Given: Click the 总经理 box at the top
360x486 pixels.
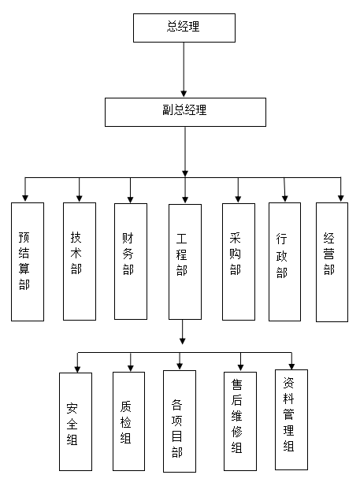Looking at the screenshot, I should (x=184, y=28).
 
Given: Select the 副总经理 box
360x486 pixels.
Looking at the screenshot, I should (x=184, y=111).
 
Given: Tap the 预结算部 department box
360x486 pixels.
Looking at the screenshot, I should (x=27, y=262).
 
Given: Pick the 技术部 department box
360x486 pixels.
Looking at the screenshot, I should (x=80, y=261).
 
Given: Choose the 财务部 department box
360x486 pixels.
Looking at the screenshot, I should (x=130, y=262).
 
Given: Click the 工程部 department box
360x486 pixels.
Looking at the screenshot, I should (x=184, y=262).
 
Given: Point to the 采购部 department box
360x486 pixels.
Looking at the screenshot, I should (x=238, y=262).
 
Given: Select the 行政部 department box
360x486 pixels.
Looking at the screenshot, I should (x=284, y=262).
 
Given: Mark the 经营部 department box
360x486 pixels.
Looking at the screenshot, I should (x=332, y=262).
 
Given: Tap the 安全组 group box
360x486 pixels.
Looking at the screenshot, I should (x=75, y=421).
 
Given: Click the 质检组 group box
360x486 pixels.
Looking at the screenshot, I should (x=129, y=421).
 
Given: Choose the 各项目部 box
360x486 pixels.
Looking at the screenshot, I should (x=179, y=421).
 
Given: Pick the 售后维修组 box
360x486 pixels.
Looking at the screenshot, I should (x=239, y=421).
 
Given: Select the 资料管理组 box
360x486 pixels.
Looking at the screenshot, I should (x=291, y=419).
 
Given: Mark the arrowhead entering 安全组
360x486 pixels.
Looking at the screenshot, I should (x=76, y=368).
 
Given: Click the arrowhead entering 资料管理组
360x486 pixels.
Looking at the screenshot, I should (x=291, y=365).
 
